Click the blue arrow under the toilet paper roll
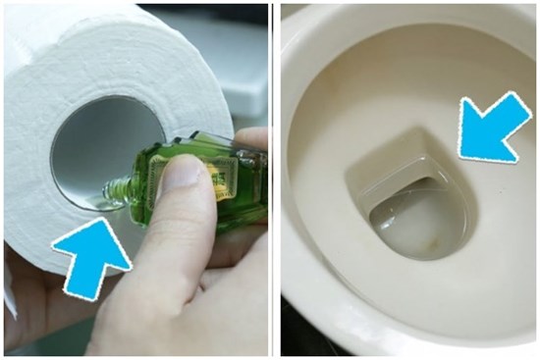click(x=91, y=257)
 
